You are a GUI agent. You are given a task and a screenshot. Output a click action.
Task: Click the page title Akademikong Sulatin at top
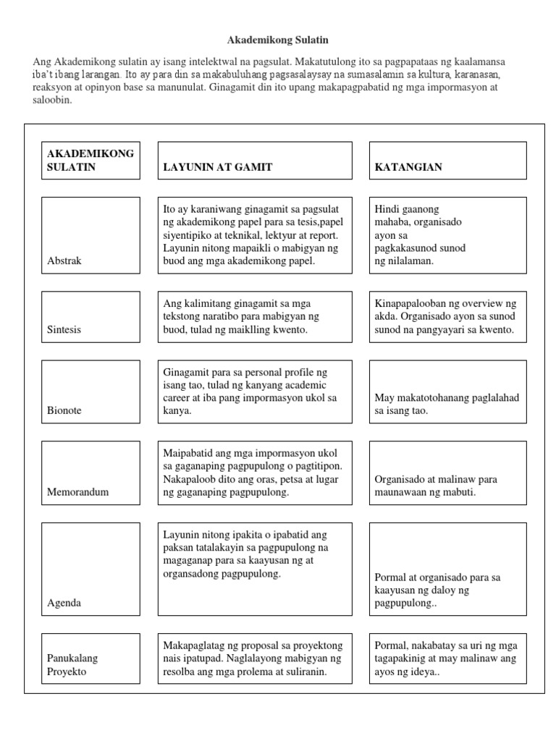click(278, 41)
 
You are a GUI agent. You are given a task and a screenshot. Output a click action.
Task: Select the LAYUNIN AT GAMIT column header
click(218, 167)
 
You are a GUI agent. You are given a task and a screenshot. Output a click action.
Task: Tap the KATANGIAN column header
click(408, 167)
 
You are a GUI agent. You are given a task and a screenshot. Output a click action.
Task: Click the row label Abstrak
click(64, 261)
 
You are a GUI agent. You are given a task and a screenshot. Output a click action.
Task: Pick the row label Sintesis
click(64, 329)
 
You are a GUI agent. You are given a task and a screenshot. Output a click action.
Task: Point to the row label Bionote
click(64, 410)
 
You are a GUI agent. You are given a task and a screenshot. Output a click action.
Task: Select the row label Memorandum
click(77, 492)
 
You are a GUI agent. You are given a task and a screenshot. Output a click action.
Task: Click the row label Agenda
click(64, 602)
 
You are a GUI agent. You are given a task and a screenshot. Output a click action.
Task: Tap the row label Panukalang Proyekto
click(72, 664)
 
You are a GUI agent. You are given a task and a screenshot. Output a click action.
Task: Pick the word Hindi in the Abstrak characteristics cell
click(387, 209)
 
